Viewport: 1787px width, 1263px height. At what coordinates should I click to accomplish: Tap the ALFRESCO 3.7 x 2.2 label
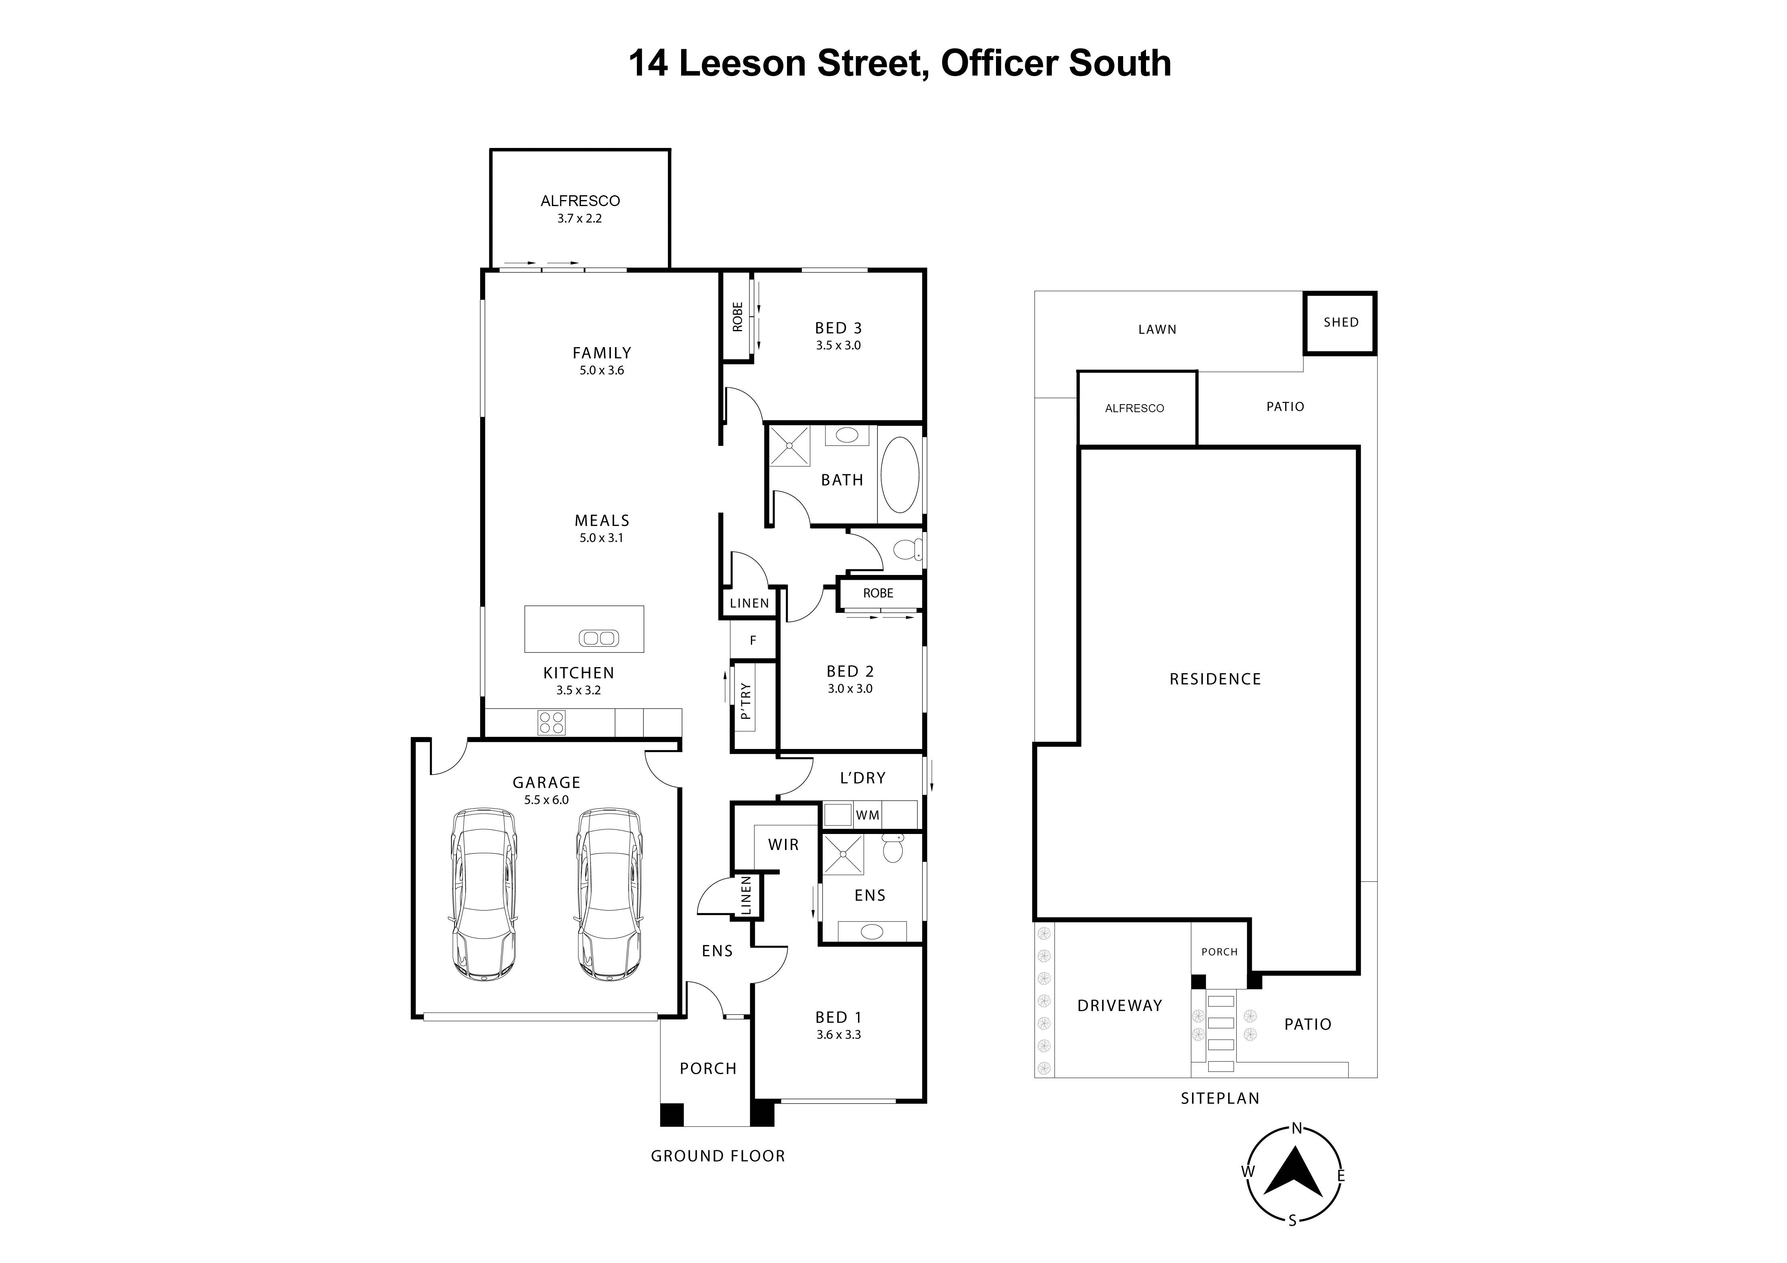coord(580,208)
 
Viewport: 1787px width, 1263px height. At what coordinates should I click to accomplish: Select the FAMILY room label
coord(602,353)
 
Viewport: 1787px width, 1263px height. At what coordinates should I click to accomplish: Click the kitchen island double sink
coord(598,638)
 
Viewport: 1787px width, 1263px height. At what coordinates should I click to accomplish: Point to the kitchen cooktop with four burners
coord(551,723)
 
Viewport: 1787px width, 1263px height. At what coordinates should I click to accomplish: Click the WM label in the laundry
coord(867,816)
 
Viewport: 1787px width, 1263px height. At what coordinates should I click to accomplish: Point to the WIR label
coord(783,844)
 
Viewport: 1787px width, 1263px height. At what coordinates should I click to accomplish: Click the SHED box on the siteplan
coord(1340,323)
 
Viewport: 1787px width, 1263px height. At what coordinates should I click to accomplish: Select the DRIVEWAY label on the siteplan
coord(1119,1006)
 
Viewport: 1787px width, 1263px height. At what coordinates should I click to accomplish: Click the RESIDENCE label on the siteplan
coord(1215,679)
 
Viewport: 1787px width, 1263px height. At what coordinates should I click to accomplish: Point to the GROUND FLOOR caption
coord(718,1156)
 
